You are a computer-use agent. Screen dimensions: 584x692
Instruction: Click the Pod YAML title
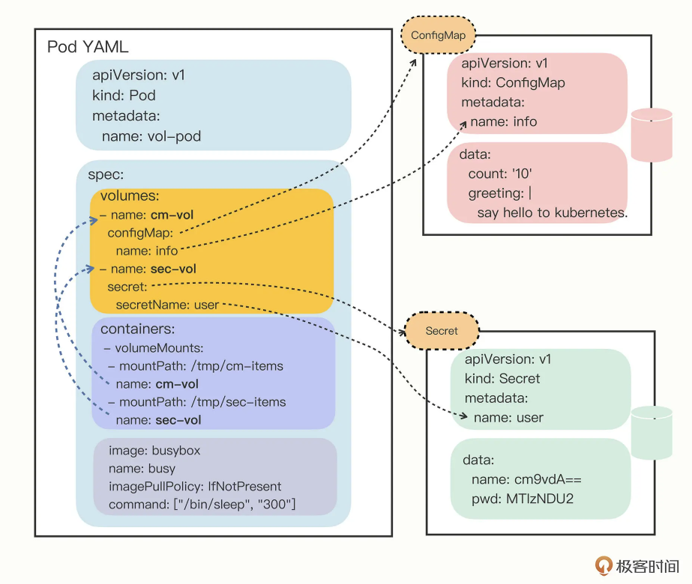click(x=88, y=47)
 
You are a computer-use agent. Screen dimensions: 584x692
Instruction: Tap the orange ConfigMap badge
click(x=438, y=35)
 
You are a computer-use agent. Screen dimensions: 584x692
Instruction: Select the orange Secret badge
click(x=441, y=330)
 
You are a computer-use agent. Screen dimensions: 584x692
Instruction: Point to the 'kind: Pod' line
click(x=124, y=95)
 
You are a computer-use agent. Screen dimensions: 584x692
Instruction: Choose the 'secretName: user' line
click(x=167, y=305)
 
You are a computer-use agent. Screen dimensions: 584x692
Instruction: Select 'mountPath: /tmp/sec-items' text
click(x=197, y=402)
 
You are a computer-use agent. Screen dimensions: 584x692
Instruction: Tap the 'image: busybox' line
click(x=154, y=451)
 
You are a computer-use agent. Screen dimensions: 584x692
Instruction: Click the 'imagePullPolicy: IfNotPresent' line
click(x=195, y=486)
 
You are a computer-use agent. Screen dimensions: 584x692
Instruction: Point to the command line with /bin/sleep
click(x=202, y=504)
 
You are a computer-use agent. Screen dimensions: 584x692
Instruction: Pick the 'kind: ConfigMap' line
click(x=513, y=82)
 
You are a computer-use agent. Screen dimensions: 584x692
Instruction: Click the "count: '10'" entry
click(x=500, y=174)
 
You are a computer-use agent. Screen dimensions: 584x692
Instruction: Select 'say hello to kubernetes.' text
click(x=552, y=213)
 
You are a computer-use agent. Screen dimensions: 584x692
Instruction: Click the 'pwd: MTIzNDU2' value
click(x=523, y=498)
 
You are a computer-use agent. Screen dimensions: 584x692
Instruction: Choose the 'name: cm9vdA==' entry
click(x=526, y=479)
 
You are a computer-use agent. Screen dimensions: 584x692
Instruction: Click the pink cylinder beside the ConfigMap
click(x=652, y=135)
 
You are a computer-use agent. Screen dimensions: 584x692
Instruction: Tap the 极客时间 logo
click(x=637, y=565)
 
